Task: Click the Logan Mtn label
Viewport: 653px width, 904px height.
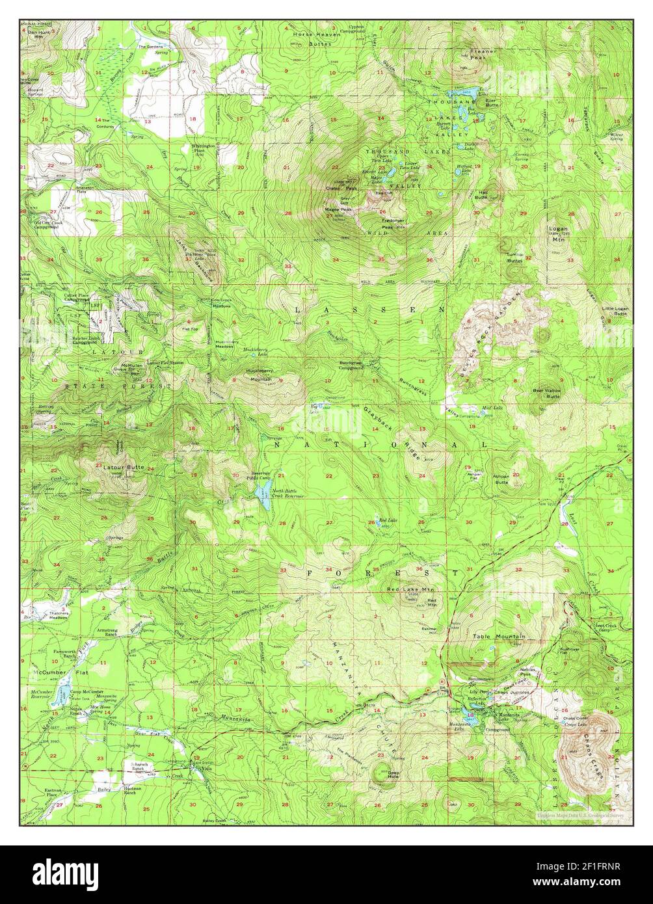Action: coord(559,234)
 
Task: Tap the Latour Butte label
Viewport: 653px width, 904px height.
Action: coord(122,468)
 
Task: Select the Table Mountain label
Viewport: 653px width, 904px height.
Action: coord(499,636)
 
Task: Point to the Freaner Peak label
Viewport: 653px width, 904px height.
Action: coord(483,54)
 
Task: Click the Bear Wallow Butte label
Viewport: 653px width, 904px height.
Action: coord(547,393)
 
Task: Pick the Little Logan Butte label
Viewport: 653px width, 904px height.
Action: coord(615,311)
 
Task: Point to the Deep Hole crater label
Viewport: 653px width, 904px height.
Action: coord(392,775)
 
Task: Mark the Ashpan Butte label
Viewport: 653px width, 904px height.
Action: coord(501,479)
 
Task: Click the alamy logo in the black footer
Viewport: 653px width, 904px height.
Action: coord(65,873)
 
